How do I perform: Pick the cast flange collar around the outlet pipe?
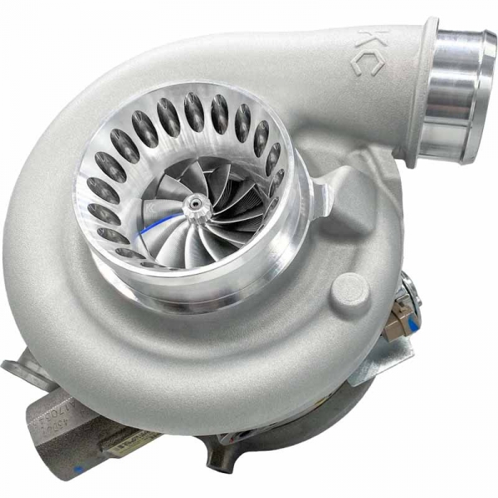(419, 91)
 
